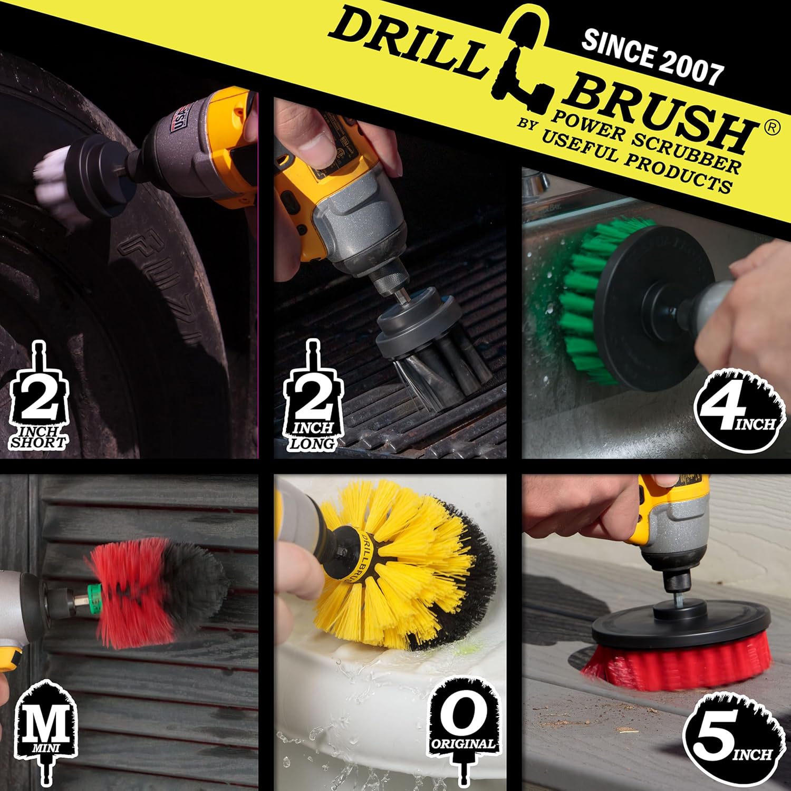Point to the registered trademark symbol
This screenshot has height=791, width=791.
(x=771, y=128)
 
